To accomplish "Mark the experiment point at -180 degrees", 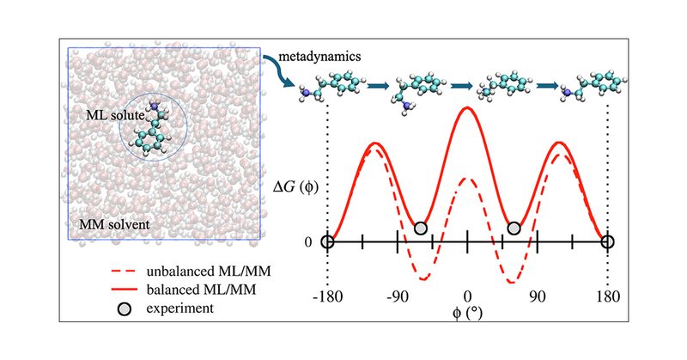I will [327, 242].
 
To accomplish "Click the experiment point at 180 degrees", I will [607, 242].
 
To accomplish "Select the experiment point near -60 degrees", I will [420, 229].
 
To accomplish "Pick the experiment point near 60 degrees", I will [514, 229].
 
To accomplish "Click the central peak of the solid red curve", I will [467, 107].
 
